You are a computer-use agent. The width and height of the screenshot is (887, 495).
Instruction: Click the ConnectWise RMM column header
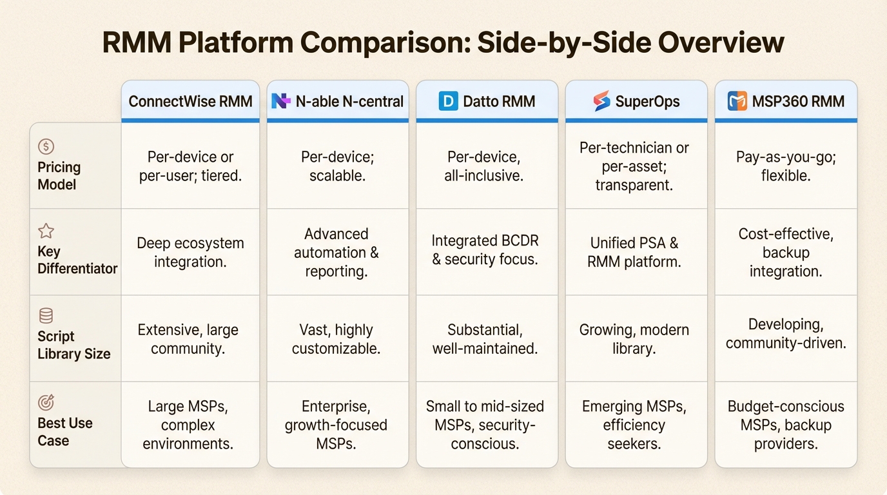[190, 101]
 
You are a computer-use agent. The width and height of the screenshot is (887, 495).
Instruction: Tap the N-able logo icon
[280, 101]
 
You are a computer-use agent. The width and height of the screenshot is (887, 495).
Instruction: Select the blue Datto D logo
[448, 101]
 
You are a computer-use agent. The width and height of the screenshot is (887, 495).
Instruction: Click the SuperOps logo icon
[601, 101]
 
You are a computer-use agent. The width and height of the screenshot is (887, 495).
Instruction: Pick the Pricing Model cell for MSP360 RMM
[786, 166]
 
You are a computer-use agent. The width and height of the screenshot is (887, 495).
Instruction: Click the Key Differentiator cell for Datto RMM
[485, 251]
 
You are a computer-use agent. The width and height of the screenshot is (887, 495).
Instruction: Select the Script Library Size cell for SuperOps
[634, 339]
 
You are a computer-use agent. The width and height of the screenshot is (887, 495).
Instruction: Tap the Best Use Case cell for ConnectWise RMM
[190, 425]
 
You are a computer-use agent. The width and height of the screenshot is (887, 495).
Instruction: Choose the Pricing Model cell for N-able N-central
[336, 166]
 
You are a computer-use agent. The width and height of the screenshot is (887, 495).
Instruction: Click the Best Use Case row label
[64, 432]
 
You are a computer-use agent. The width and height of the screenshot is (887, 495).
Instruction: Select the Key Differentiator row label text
[77, 260]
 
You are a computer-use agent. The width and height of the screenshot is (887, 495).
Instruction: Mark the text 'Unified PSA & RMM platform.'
[634, 253]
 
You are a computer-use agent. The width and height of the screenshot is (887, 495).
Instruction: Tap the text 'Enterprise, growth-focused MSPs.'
[336, 425]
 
